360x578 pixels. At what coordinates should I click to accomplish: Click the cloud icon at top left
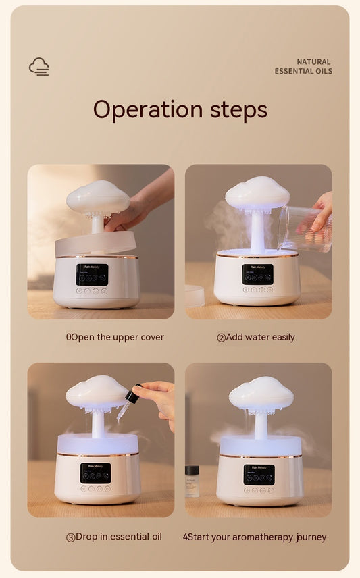pyautogui.click(x=39, y=66)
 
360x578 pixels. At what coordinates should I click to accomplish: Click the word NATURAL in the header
pyautogui.click(x=313, y=62)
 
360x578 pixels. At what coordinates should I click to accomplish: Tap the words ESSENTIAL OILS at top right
pyautogui.click(x=303, y=72)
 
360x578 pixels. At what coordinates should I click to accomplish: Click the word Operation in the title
pyautogui.click(x=147, y=109)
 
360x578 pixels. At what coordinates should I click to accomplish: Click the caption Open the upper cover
pyautogui.click(x=115, y=337)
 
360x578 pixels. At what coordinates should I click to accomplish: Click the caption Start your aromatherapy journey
pyautogui.click(x=254, y=537)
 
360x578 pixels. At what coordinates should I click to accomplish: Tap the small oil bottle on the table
pyautogui.click(x=192, y=481)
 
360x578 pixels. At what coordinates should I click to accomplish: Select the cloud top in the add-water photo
pyautogui.click(x=257, y=193)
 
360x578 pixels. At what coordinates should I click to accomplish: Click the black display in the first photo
pyautogui.click(x=92, y=274)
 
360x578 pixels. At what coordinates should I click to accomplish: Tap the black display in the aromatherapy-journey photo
pyautogui.click(x=259, y=474)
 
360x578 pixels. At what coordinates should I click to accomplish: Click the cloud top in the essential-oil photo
pyautogui.click(x=97, y=392)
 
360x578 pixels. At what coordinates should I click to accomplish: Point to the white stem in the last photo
pyautogui.click(x=260, y=425)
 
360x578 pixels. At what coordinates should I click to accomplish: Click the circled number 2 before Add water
pyautogui.click(x=221, y=338)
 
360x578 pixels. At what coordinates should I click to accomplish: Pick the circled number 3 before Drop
pyautogui.click(x=70, y=537)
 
